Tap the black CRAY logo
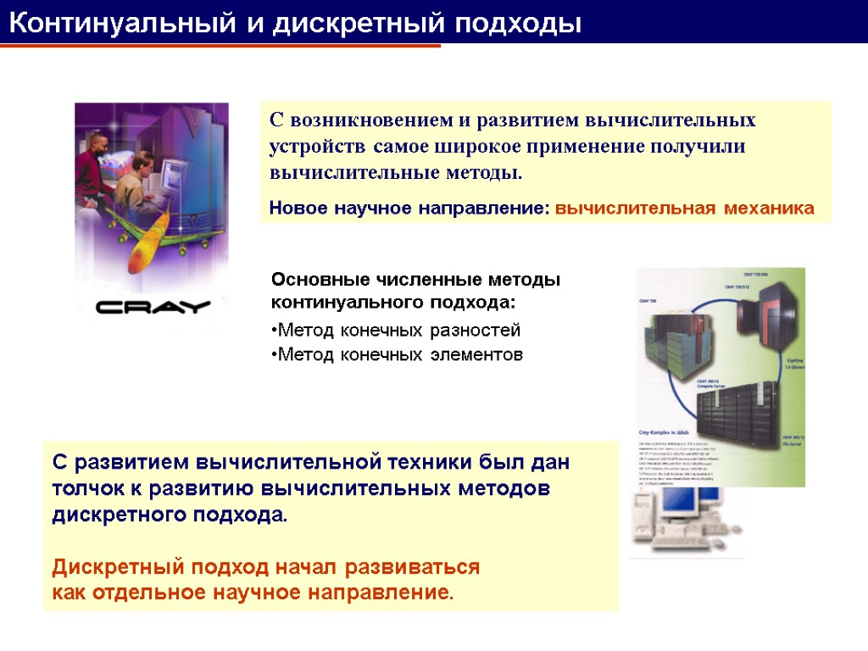pos(153,307)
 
